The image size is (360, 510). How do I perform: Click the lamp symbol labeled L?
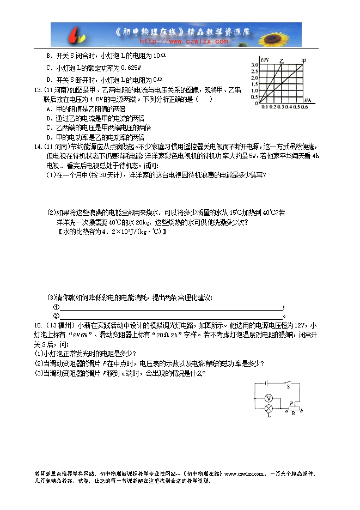point(267,409)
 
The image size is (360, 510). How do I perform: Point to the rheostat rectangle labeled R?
point(293,409)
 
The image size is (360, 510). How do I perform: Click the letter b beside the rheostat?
point(301,410)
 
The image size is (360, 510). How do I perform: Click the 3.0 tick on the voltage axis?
point(254,65)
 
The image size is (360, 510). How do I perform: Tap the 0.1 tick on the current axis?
point(264,107)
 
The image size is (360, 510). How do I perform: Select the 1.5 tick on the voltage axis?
point(254,83)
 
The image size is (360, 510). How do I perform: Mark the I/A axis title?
point(308,100)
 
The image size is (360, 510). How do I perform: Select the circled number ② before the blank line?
point(56,315)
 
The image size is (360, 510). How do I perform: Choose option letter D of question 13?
point(49,137)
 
